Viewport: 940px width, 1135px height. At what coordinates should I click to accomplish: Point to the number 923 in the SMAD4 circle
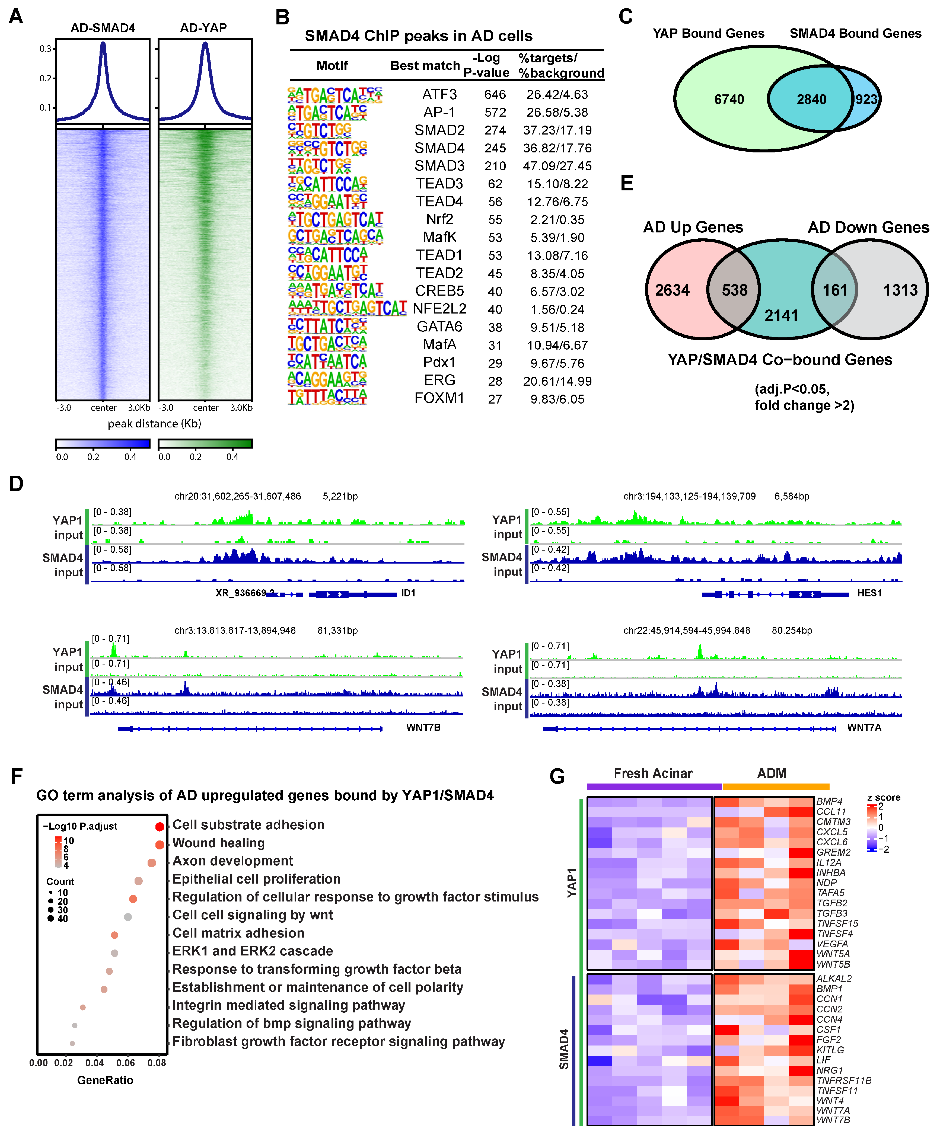pos(866,100)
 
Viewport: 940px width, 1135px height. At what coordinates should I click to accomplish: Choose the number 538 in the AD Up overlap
pos(735,290)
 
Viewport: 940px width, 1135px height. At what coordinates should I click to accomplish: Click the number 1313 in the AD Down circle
pos(900,290)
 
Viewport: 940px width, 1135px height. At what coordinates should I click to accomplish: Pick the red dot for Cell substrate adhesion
pos(160,826)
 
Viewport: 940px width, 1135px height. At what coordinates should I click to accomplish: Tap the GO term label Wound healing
pos(218,843)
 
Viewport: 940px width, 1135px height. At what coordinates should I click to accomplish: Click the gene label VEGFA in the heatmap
pos(832,944)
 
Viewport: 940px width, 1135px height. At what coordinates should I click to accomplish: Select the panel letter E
pos(626,184)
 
